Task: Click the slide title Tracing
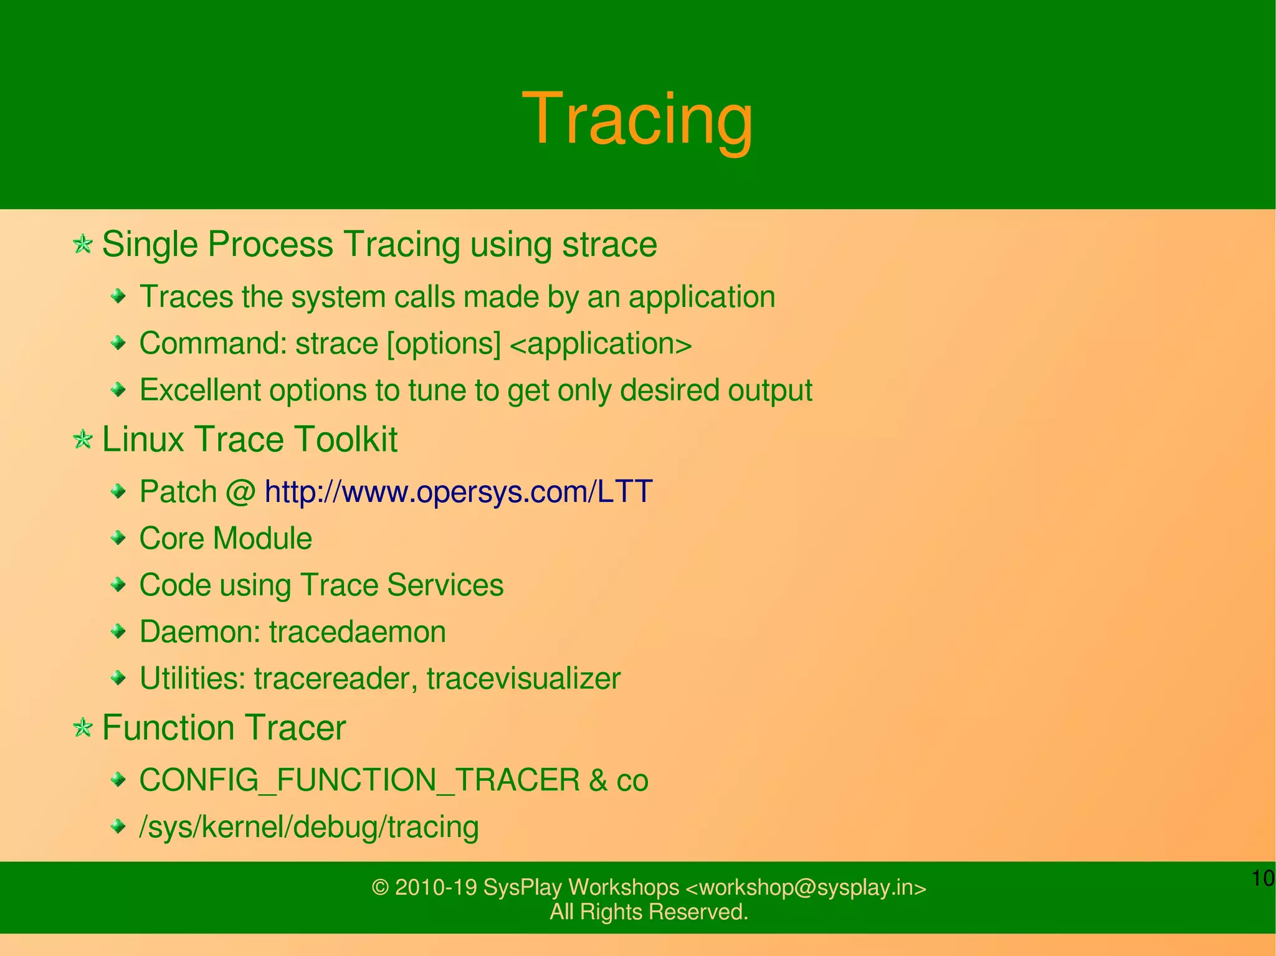(x=637, y=118)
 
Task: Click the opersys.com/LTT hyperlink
(x=458, y=491)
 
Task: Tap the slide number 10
(x=1262, y=879)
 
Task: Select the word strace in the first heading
(x=609, y=244)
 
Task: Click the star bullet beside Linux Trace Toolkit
(x=82, y=440)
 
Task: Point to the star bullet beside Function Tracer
(x=82, y=727)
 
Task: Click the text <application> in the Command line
(x=601, y=344)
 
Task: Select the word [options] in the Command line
(x=444, y=344)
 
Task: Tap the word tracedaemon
(x=357, y=632)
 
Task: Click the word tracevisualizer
(x=523, y=678)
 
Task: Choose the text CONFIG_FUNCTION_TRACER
(x=359, y=780)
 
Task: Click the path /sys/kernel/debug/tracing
(x=309, y=827)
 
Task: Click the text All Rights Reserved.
(x=649, y=912)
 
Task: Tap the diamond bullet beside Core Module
(x=118, y=538)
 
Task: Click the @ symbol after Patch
(x=240, y=492)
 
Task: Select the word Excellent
(x=200, y=390)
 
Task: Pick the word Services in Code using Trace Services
(x=445, y=585)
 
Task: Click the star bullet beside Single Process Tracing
(x=82, y=244)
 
